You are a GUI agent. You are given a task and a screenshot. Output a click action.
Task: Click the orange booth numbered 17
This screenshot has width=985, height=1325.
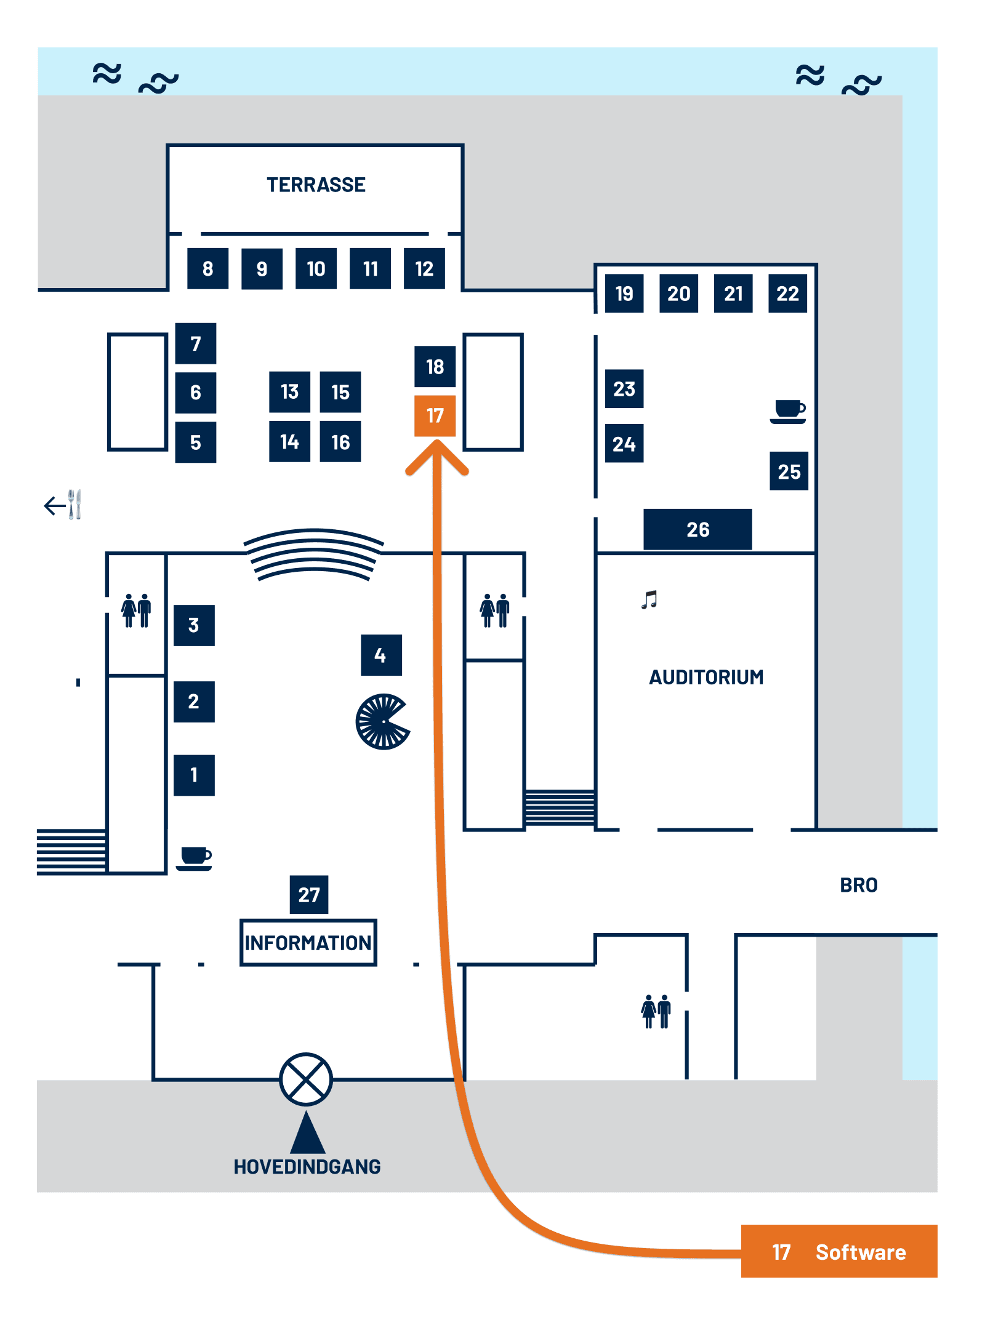(435, 415)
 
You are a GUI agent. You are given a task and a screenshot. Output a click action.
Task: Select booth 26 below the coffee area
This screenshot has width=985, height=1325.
(698, 529)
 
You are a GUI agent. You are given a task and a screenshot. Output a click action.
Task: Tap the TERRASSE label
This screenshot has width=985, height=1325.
(316, 185)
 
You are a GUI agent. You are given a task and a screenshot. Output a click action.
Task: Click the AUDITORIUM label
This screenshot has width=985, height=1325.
(706, 677)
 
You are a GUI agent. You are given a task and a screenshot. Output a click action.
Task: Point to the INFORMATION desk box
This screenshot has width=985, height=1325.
(308, 942)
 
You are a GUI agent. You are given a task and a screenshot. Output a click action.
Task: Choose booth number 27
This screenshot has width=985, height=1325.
(309, 894)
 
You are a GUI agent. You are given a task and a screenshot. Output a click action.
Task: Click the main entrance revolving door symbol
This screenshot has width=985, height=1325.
(306, 1079)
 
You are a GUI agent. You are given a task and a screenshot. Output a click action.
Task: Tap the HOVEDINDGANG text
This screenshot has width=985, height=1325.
(307, 1166)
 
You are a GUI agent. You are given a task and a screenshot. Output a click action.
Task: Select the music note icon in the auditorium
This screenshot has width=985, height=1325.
(649, 599)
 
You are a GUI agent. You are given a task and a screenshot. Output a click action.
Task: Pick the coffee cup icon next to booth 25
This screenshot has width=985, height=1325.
(788, 411)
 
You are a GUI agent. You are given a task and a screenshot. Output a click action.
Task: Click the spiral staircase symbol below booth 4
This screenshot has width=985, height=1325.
(383, 721)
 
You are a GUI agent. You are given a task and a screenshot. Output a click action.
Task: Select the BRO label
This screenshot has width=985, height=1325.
(859, 885)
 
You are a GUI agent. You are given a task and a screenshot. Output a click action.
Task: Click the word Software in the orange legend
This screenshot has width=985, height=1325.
(861, 1252)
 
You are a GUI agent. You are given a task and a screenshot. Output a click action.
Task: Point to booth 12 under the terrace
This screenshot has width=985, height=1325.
(424, 268)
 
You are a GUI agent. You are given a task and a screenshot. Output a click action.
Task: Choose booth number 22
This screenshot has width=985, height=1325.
(787, 294)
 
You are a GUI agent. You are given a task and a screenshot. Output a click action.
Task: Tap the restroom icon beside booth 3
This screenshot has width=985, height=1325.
(136, 610)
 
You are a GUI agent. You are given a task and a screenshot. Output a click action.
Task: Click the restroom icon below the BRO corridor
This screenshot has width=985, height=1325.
(656, 1011)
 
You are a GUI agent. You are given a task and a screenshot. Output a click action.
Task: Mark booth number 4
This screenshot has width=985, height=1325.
(381, 655)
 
